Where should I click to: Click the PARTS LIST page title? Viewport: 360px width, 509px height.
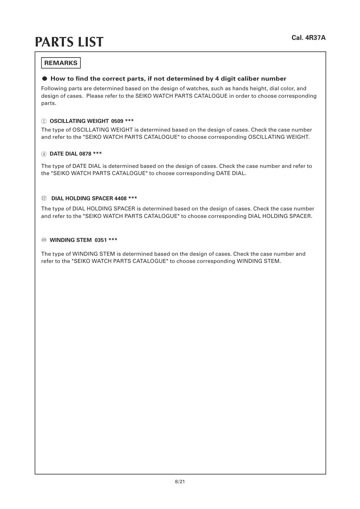pos(69,42)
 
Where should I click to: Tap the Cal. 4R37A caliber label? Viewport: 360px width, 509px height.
pos(308,38)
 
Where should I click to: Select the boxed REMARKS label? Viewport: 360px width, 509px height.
pos(61,63)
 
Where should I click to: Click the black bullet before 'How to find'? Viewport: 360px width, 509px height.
pos(45,79)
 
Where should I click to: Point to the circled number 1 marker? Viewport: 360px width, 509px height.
pos(44,121)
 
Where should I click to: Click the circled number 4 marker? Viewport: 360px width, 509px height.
pos(44,154)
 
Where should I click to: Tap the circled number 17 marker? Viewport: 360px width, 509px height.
pos(44,198)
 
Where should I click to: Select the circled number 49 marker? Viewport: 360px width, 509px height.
pos(44,240)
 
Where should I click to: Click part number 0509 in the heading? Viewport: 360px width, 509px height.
pos(117,121)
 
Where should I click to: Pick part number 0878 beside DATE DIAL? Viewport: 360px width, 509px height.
pos(85,154)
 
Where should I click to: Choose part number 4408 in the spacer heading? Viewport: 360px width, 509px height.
pos(120,198)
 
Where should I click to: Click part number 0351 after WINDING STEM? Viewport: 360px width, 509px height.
pos(100,240)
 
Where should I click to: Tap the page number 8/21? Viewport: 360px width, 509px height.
pos(180,482)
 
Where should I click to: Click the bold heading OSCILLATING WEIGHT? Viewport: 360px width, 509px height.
pos(79,121)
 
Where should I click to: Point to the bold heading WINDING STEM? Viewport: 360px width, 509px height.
pos(70,240)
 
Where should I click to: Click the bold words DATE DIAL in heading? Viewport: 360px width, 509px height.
pos(63,154)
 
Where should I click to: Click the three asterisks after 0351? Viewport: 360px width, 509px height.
pos(113,240)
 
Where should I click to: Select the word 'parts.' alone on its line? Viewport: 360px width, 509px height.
pos(49,103)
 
